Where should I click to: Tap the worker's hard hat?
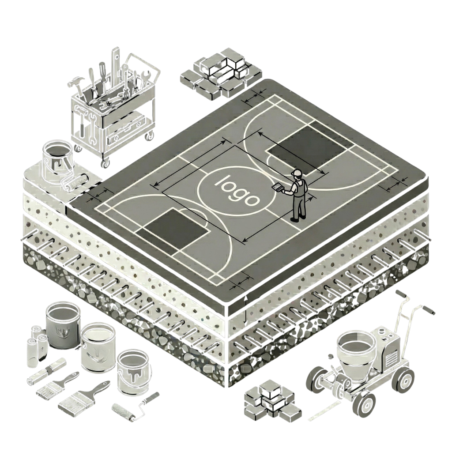pos(296,173)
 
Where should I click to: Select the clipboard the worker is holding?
pos(278,187)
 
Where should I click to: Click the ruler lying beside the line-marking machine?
pos(325,411)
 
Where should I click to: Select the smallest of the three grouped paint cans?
pos(134,372)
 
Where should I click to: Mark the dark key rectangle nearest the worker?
pos(300,151)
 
